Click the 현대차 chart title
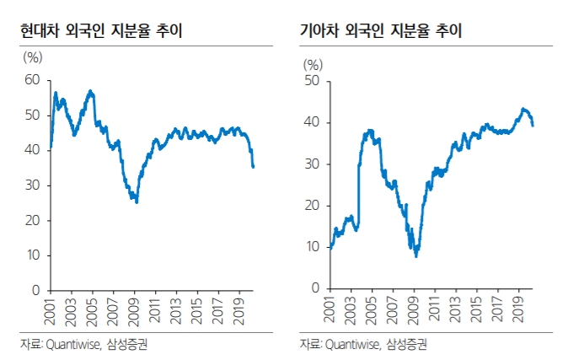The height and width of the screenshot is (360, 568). [102, 31]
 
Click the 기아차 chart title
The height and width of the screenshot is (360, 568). [381, 31]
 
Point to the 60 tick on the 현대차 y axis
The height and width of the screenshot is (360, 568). [33, 80]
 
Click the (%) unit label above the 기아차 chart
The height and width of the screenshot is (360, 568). [313, 64]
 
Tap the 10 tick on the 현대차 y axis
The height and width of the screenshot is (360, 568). [34, 255]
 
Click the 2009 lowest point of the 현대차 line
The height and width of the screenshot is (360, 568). [137, 202]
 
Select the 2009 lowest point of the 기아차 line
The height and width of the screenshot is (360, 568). [415, 255]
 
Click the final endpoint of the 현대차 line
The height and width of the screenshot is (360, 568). [254, 167]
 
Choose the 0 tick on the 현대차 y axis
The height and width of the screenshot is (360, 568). [36, 290]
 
